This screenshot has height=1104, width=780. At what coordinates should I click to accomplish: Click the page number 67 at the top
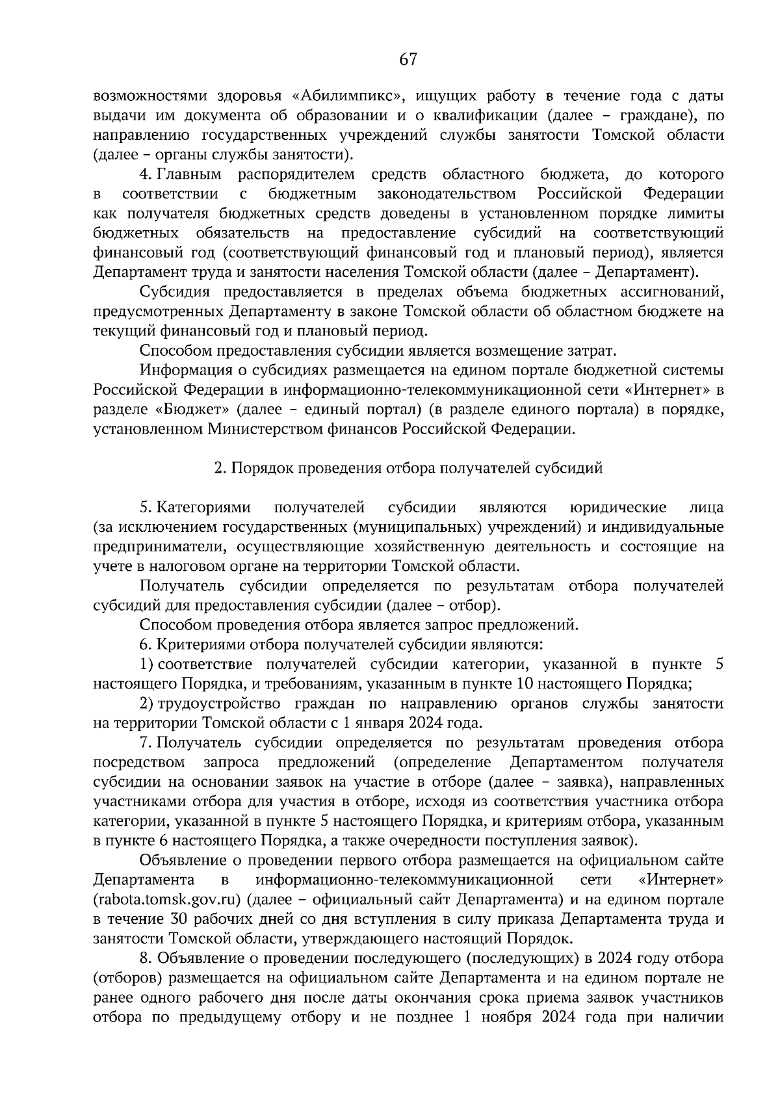[408, 60]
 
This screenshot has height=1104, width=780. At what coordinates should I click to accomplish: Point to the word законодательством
[447, 194]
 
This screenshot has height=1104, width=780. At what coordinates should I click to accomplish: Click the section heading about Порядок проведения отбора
[408, 468]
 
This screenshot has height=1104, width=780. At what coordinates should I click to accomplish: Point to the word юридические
[617, 507]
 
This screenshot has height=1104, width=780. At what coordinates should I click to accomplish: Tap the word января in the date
[378, 722]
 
